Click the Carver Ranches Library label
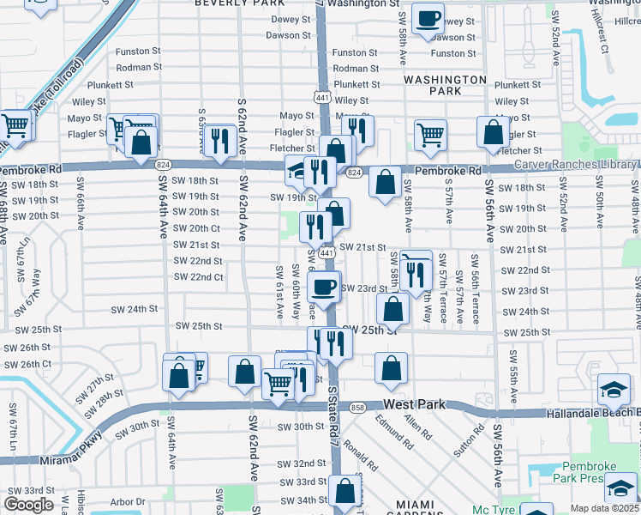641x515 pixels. pyautogui.click(x=574, y=164)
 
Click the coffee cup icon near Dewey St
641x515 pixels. pyautogui.click(x=428, y=18)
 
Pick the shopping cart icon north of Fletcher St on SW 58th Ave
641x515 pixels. pyautogui.click(x=429, y=133)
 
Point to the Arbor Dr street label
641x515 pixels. pyautogui.click(x=128, y=501)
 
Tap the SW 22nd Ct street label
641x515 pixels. pyautogui.click(x=198, y=277)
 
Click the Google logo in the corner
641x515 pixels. pyautogui.click(x=28, y=505)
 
